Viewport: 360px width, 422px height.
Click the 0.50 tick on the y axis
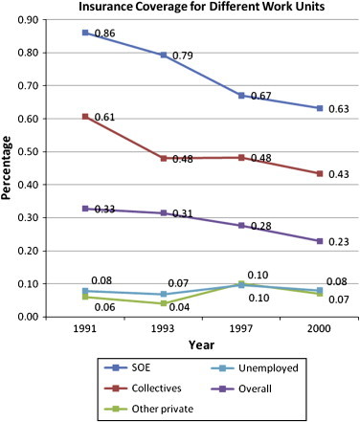tap(26, 151)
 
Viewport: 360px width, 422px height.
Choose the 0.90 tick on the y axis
tap(26, 20)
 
